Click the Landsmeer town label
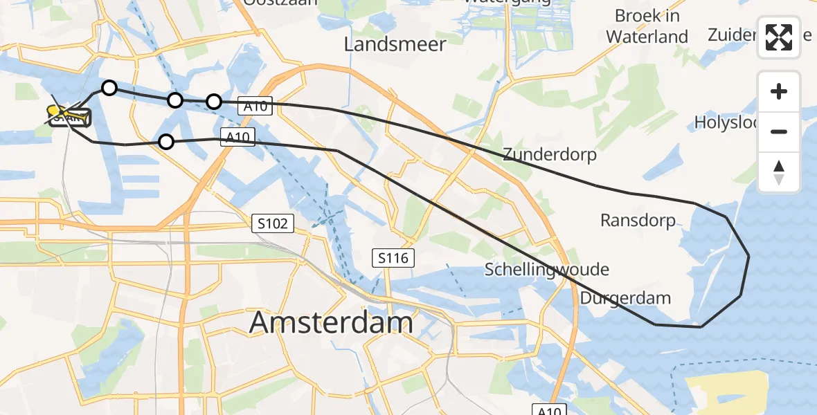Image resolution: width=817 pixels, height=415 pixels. [x=395, y=44]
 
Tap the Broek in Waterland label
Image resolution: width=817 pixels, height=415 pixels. [x=647, y=26]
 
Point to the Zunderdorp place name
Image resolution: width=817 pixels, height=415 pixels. [x=550, y=154]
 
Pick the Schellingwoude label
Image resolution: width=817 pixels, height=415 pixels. [x=547, y=269]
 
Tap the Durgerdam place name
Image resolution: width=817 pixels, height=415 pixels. [x=626, y=298]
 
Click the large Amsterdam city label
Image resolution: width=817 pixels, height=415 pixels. [x=331, y=322]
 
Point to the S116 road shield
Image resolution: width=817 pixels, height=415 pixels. [x=393, y=259]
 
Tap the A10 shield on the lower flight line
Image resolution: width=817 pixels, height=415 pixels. [x=236, y=137]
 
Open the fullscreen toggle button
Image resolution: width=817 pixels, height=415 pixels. [x=779, y=37]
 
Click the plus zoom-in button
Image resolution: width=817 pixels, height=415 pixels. [x=779, y=92]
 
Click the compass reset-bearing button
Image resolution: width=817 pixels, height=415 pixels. [x=779, y=172]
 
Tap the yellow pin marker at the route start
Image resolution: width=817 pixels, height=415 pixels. [x=54, y=112]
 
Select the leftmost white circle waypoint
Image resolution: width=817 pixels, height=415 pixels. [x=109, y=88]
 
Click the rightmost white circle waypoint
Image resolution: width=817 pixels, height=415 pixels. [x=214, y=102]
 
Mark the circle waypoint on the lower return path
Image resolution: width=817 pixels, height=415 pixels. [x=166, y=142]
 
